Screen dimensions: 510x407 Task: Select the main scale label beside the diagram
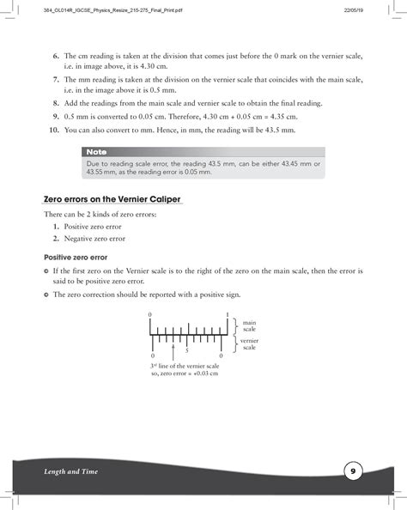[x=249, y=325]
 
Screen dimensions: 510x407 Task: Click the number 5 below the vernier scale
[x=185, y=351]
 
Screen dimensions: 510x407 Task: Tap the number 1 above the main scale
[x=227, y=315]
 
